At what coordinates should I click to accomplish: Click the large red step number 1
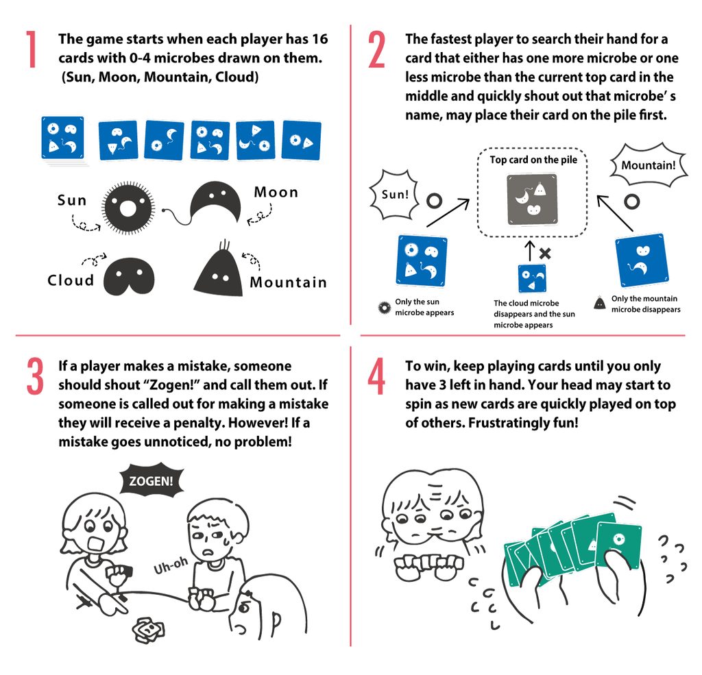coord(31,49)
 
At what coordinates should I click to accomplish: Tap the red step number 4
coord(376,376)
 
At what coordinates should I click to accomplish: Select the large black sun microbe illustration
coord(128,208)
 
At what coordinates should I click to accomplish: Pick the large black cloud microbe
coord(129,276)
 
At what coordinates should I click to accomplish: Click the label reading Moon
coord(276,193)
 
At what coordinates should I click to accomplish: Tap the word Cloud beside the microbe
coord(71,280)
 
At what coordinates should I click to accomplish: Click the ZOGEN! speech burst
coord(151,481)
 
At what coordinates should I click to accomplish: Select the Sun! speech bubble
coord(394,195)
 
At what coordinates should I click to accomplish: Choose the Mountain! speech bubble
coord(648,165)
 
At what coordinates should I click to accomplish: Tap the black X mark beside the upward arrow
coord(545,254)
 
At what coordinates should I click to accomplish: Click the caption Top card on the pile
coord(533,160)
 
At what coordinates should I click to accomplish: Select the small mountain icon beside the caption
coord(599,303)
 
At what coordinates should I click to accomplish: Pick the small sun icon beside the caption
coord(384,308)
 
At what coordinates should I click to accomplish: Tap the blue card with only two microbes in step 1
coord(301,140)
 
